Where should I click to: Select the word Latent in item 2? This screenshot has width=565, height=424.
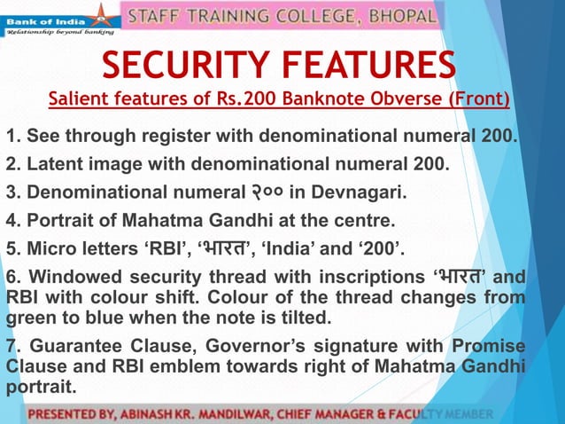coord(50,164)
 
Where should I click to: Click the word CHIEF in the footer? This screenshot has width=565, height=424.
coord(326,414)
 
